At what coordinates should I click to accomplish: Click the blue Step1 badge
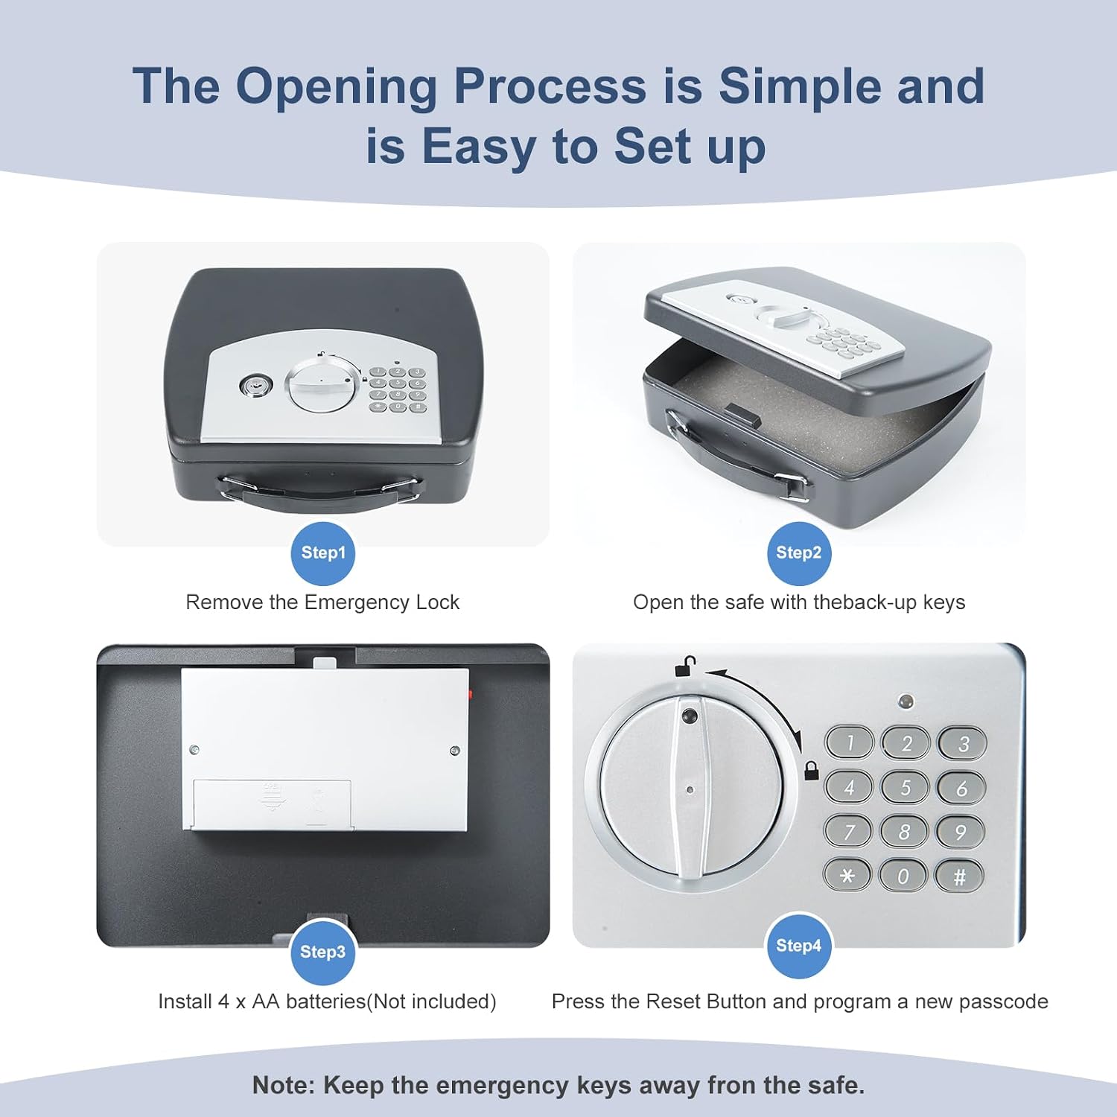pyautogui.click(x=322, y=553)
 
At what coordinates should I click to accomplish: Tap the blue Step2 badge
pyautogui.click(x=798, y=553)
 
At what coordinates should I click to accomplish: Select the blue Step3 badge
pyautogui.click(x=322, y=952)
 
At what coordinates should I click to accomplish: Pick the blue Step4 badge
pyautogui.click(x=798, y=946)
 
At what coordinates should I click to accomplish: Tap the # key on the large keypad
pyautogui.click(x=959, y=876)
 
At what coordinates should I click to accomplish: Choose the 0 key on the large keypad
pyautogui.click(x=903, y=876)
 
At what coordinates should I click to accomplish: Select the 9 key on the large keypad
pyautogui.click(x=961, y=832)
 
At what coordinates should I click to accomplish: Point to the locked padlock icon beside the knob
pyautogui.click(x=812, y=771)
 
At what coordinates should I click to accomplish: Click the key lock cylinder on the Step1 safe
pyautogui.click(x=251, y=386)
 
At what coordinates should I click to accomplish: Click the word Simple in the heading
pyautogui.click(x=800, y=86)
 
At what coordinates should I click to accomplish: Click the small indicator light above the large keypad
pyautogui.click(x=906, y=701)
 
